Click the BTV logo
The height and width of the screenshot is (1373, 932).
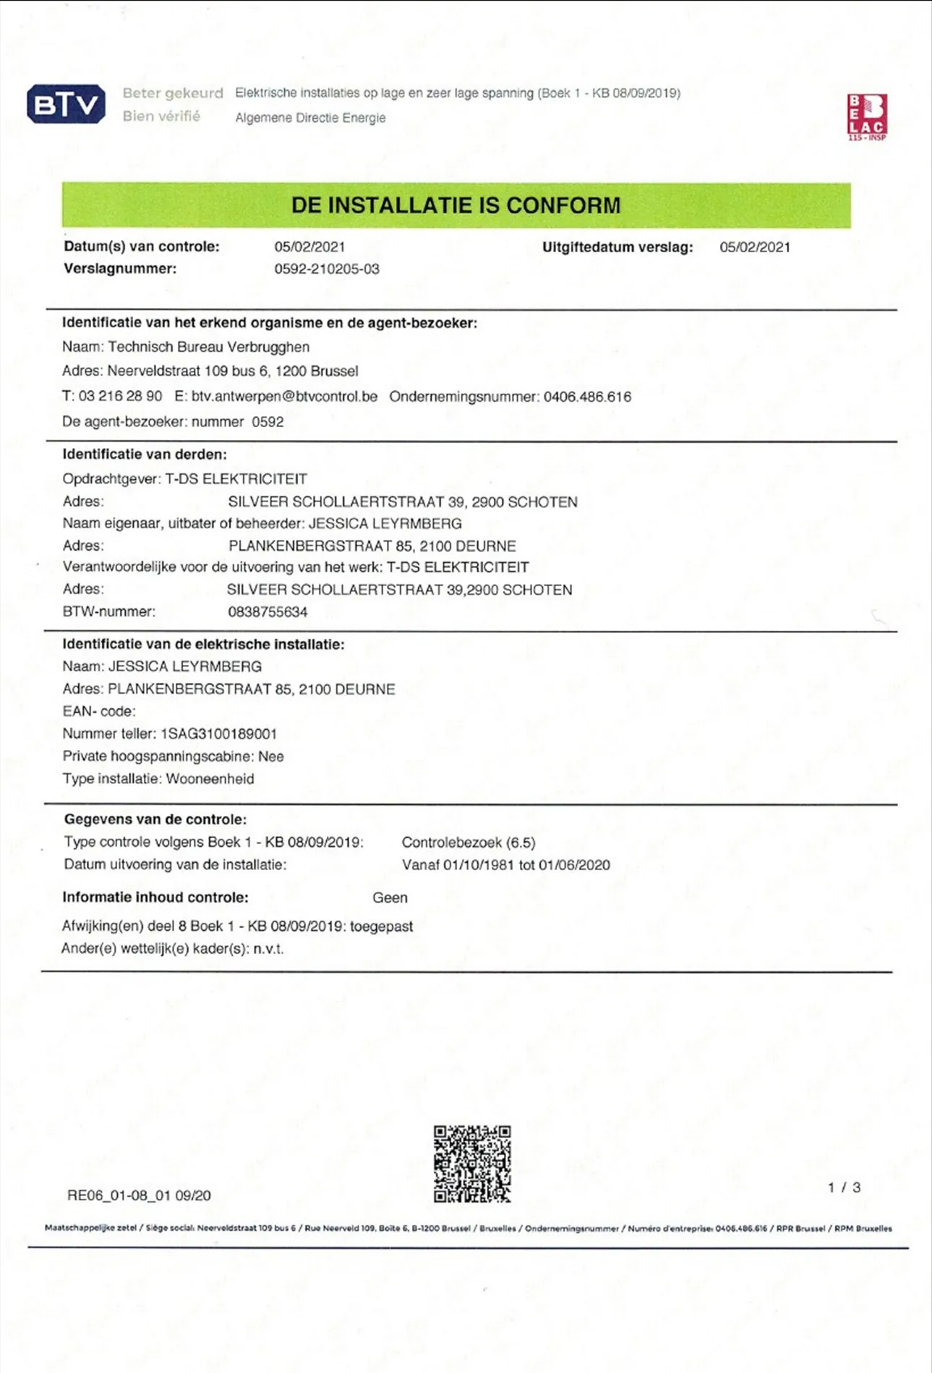66,105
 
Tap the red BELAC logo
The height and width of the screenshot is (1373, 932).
866,116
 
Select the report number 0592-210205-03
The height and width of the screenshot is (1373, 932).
327,270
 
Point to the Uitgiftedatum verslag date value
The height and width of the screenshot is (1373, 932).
755,247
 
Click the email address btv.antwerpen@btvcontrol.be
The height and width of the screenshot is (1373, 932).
284,397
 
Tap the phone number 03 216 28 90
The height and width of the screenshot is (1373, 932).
121,397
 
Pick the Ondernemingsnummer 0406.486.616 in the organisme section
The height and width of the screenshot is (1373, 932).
587,397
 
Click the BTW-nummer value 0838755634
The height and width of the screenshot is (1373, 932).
268,612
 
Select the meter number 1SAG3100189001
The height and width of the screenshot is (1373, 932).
218,734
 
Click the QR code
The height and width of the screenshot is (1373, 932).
472,1163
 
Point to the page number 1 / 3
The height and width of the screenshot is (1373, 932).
844,1187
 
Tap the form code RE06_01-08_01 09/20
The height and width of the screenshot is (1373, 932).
139,1195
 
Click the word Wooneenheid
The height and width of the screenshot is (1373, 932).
210,779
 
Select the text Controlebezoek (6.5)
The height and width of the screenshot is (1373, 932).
469,843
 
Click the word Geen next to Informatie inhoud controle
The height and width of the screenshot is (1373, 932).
390,898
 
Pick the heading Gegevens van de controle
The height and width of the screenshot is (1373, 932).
155,819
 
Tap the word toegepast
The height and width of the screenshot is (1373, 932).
381,926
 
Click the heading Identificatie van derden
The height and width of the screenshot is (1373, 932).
145,455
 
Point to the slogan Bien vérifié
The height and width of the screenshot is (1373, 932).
161,116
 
